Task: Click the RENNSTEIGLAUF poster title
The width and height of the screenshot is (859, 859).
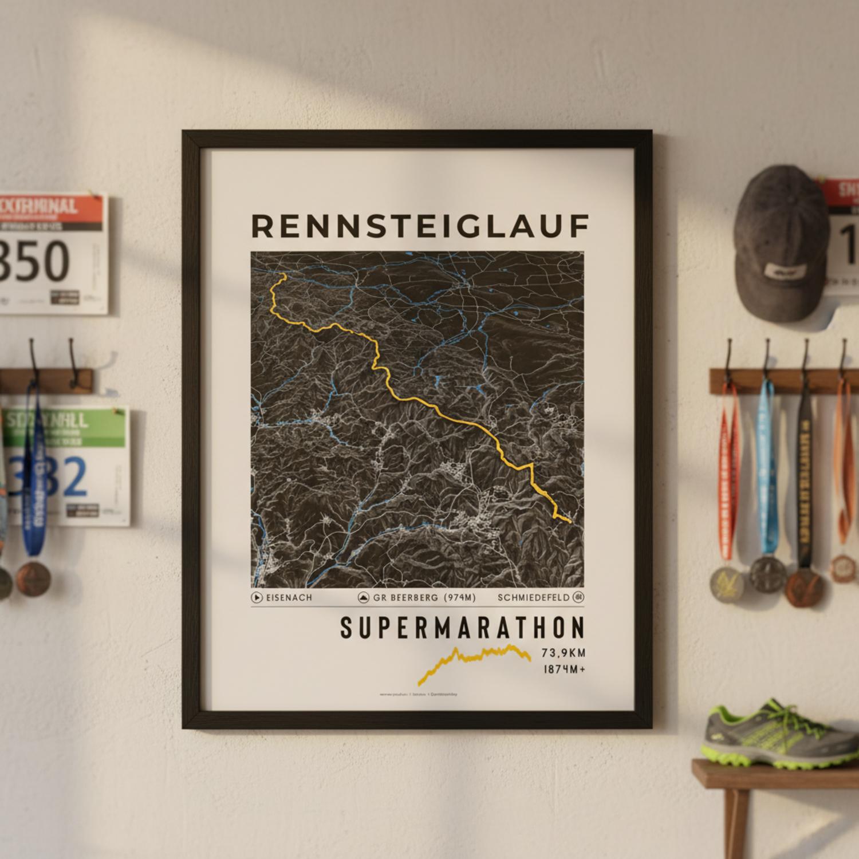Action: point(420,226)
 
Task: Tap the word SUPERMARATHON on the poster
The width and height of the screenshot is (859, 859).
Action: point(463,628)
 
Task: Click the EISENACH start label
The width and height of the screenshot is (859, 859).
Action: point(289,598)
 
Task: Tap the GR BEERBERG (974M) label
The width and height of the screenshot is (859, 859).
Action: point(424,598)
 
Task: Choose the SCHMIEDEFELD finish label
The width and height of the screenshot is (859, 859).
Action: point(534,598)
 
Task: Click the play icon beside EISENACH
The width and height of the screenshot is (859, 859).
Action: point(257,598)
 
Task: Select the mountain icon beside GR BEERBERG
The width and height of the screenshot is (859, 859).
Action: point(364,598)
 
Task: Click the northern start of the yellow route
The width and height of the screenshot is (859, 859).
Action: point(283,275)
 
